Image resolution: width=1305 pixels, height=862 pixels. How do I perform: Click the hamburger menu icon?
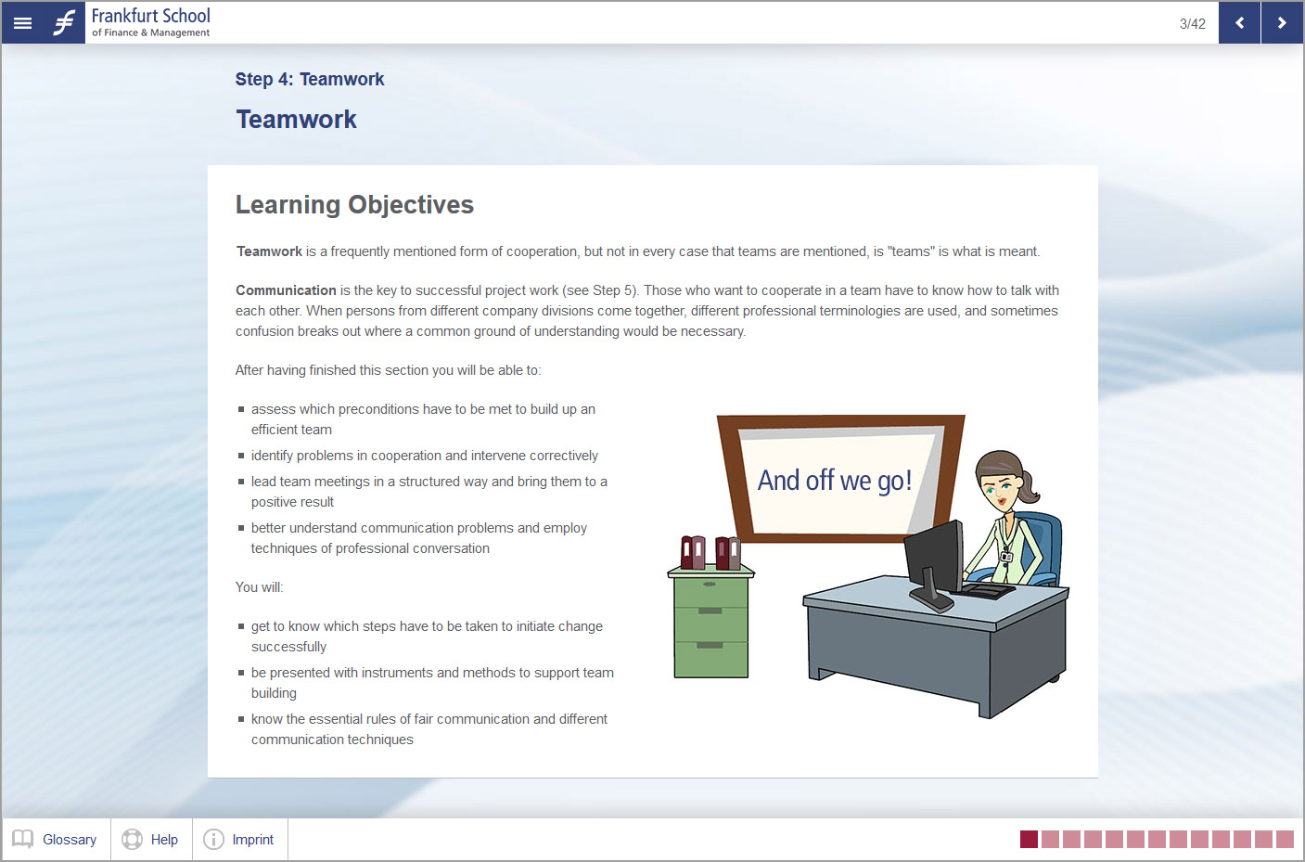[x=22, y=22]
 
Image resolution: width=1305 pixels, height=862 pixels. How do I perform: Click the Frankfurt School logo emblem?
[x=64, y=22]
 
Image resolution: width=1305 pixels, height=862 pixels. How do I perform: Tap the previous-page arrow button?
[x=1239, y=22]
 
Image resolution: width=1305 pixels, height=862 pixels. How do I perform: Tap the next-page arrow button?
[x=1282, y=22]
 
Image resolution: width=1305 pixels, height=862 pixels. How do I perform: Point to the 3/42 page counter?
[x=1192, y=24]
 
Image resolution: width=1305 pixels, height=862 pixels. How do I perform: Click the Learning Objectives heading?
[x=354, y=204]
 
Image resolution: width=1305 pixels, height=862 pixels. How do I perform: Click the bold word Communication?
[x=286, y=290]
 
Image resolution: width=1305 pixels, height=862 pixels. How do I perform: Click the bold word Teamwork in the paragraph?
[x=269, y=251]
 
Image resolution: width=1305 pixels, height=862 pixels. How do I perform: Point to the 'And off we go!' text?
[x=834, y=481]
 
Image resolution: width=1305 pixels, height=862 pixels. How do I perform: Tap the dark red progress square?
[x=1029, y=840]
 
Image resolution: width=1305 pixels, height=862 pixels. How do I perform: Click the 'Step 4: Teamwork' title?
[x=310, y=79]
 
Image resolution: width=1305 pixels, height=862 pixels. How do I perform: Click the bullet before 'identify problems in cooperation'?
[x=241, y=456]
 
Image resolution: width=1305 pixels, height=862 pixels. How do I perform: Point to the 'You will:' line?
[x=260, y=587]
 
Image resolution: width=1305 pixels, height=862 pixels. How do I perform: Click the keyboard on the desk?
[x=985, y=590]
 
